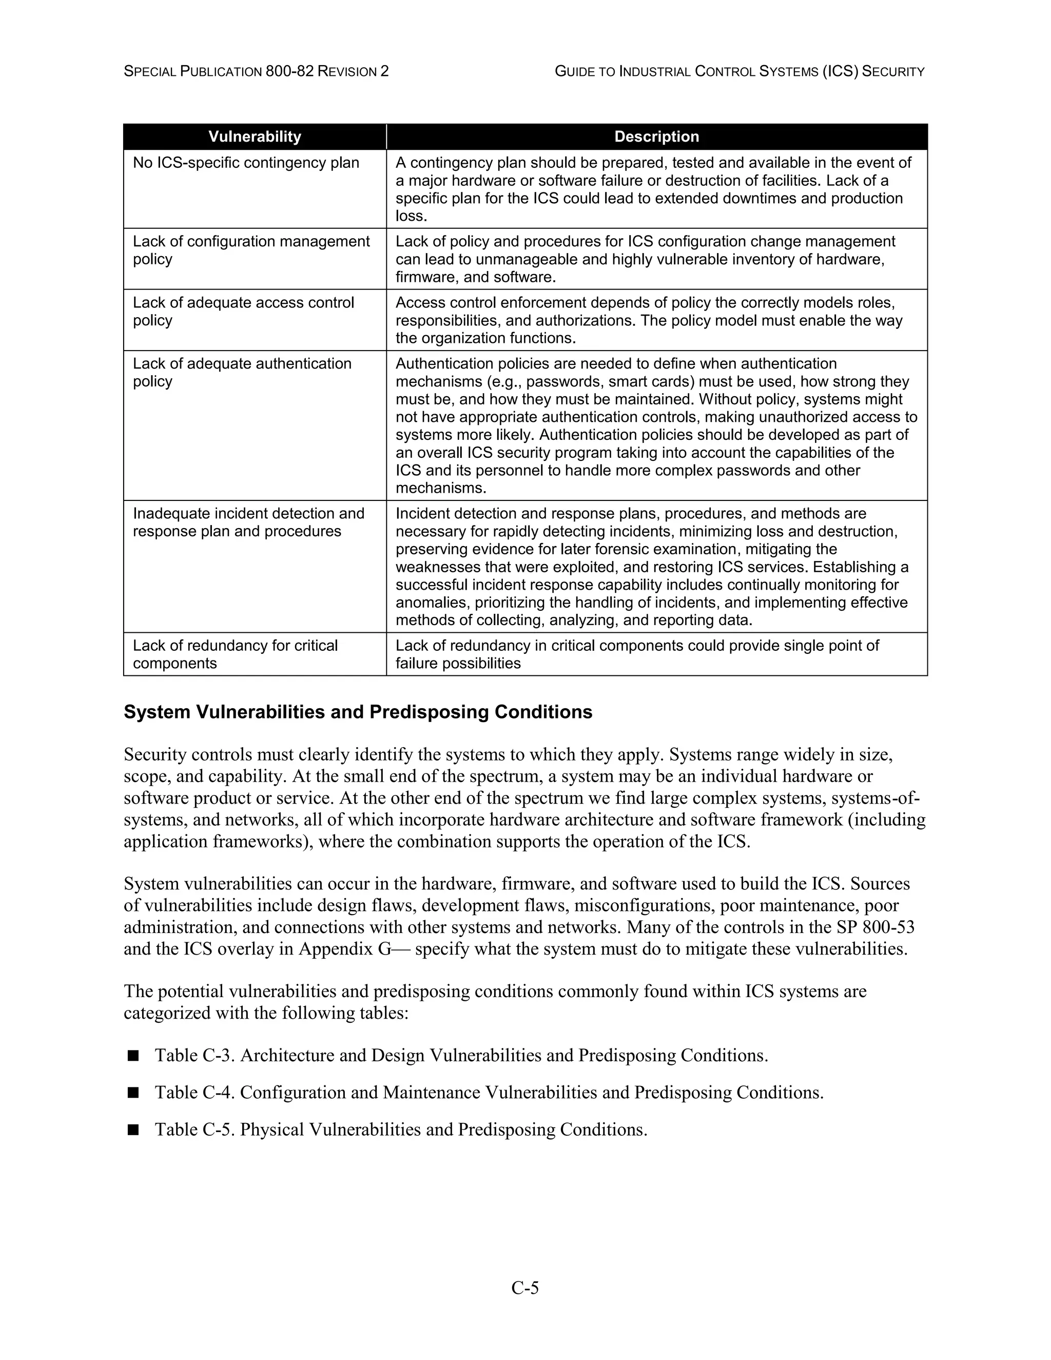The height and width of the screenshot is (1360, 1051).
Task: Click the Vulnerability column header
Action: pos(255,137)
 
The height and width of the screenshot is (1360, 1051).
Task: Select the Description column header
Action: pos(656,137)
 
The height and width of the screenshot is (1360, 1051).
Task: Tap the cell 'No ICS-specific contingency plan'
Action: pos(246,163)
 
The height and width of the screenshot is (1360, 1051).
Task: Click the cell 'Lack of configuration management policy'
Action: pos(251,250)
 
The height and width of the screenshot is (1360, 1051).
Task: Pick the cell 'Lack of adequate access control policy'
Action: pos(243,312)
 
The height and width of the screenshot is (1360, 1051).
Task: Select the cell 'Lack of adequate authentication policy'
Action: pos(242,373)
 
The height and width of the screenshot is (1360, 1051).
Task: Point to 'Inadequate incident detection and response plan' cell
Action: pos(248,522)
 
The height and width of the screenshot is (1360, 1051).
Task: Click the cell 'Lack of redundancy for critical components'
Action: pos(235,654)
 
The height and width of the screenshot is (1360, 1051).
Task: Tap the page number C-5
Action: pos(525,1287)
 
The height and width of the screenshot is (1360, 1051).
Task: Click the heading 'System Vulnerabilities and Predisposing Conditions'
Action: pos(358,712)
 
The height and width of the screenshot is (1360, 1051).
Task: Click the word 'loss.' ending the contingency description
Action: pos(412,217)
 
